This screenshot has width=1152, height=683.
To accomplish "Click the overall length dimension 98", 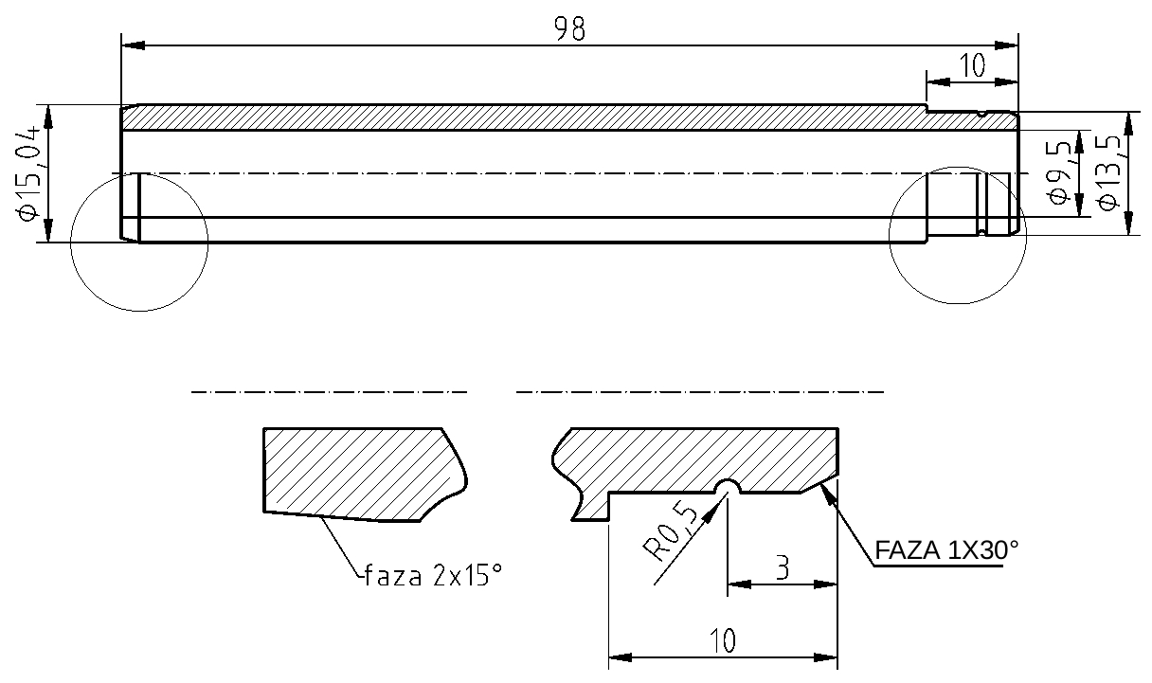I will pyautogui.click(x=569, y=29).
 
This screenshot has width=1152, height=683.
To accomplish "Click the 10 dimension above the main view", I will pyautogui.click(x=972, y=65).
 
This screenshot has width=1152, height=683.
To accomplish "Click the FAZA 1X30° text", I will pyautogui.click(x=946, y=550).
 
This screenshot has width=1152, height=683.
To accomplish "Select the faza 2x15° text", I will pyautogui.click(x=432, y=575).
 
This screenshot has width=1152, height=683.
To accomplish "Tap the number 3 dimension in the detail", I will pyautogui.click(x=782, y=568).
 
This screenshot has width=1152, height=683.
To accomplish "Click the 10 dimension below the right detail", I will pyautogui.click(x=722, y=641).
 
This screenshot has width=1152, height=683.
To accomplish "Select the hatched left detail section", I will pyautogui.click(x=360, y=472).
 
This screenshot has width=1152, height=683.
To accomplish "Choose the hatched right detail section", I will pyautogui.click(x=701, y=459).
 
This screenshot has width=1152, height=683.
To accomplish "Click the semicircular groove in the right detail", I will pyautogui.click(x=727, y=487).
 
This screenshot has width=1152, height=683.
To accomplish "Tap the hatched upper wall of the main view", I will pyautogui.click(x=521, y=117).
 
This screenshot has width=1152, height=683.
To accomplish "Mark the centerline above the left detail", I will pyautogui.click(x=329, y=391).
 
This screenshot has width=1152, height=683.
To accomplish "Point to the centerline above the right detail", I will pyautogui.click(x=699, y=391).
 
